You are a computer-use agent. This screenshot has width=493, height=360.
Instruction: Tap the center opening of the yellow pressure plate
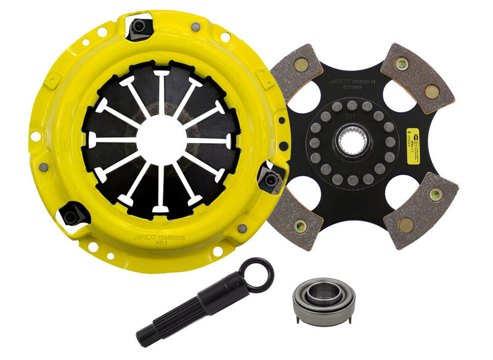click(x=159, y=141)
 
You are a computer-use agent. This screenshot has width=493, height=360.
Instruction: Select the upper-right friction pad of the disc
click(x=418, y=74)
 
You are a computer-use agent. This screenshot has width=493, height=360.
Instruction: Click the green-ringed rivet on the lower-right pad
click(x=436, y=195)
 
